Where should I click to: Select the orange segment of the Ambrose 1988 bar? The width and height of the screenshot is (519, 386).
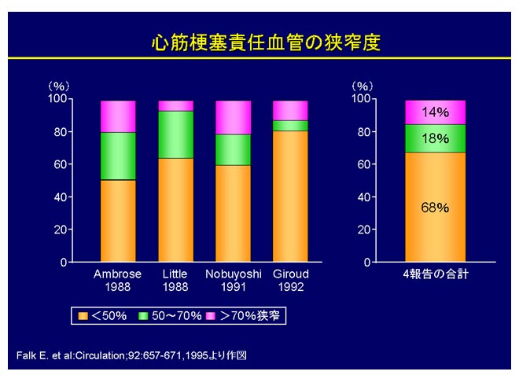tap(118, 220)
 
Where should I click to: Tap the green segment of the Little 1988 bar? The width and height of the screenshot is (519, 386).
tap(175, 134)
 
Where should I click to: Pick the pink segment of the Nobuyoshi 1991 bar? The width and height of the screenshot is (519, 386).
tap(233, 117)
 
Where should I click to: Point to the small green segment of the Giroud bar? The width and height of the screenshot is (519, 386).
tap(290, 125)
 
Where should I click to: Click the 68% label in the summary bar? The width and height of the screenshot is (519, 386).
tap(435, 208)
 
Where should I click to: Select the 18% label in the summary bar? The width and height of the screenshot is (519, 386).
tap(435, 138)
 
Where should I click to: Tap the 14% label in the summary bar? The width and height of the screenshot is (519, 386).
tap(435, 112)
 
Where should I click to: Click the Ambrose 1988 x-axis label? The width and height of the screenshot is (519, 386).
tap(118, 280)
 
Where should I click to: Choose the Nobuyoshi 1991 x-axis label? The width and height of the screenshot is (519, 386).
tap(233, 280)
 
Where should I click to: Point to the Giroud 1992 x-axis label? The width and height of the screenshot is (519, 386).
tap(290, 280)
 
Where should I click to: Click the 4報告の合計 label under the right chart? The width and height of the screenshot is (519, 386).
tap(435, 274)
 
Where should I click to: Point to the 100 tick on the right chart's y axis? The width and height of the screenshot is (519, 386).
tap(359, 98)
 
